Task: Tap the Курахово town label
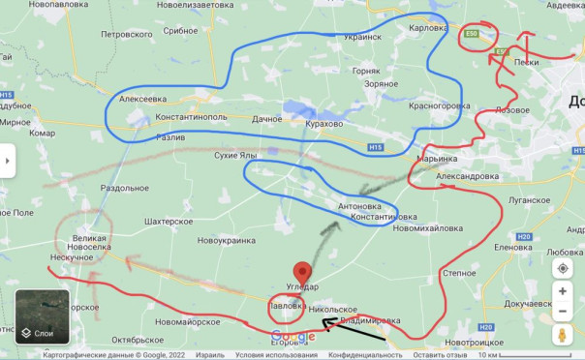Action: [325, 124]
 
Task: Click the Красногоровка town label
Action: [439, 105]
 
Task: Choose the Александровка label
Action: [468, 177]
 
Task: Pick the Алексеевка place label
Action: [142, 99]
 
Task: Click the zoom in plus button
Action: [563, 291]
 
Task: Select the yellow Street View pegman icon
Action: [563, 336]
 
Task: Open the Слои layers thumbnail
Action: [42, 317]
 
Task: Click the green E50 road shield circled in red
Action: [473, 35]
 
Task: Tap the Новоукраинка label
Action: [226, 240]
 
